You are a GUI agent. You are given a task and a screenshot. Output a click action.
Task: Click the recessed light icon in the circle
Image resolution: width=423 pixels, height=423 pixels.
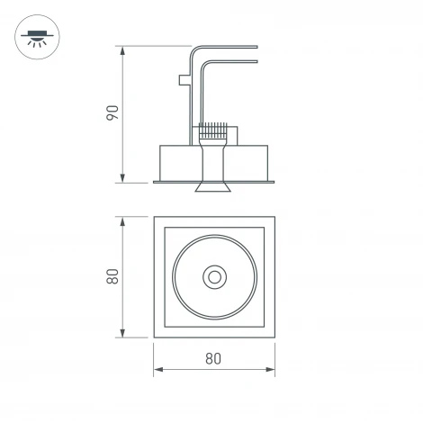click(37, 37)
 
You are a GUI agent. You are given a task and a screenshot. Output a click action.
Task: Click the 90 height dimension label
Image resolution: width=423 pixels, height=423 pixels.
click(112, 113)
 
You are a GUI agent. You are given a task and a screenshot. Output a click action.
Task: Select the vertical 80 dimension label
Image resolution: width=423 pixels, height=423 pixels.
click(112, 276)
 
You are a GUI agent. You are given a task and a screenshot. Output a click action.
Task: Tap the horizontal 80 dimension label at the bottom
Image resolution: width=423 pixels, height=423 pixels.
click(213, 358)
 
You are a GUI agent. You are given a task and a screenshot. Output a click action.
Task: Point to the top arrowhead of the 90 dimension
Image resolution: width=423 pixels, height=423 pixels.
click(122, 50)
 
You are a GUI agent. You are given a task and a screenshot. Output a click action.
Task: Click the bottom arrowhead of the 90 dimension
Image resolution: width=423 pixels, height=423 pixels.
click(122, 178)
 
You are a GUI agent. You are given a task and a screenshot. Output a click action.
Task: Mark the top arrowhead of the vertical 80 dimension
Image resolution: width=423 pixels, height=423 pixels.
click(122, 221)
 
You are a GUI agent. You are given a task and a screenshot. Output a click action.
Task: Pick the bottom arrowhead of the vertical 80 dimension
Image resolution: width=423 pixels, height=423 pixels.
click(122, 333)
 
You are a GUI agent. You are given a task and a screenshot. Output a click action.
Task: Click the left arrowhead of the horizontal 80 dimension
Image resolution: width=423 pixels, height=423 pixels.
click(158, 369)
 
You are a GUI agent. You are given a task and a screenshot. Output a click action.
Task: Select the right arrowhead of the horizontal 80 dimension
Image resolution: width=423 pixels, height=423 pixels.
click(270, 369)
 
